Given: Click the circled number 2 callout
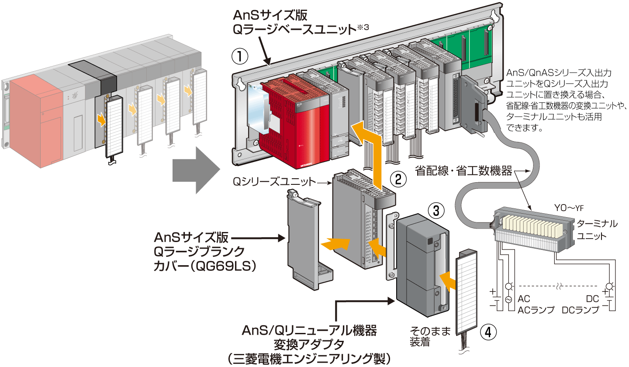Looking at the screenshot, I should (x=398, y=178).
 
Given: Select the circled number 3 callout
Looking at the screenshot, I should (x=436, y=211).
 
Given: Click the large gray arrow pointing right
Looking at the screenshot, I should (x=195, y=170).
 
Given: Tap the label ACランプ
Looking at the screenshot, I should (x=536, y=310).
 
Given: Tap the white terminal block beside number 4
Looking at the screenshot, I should (x=466, y=297).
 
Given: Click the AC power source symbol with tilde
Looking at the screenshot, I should (x=508, y=300).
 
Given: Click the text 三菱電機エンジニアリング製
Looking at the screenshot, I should (x=308, y=359).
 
